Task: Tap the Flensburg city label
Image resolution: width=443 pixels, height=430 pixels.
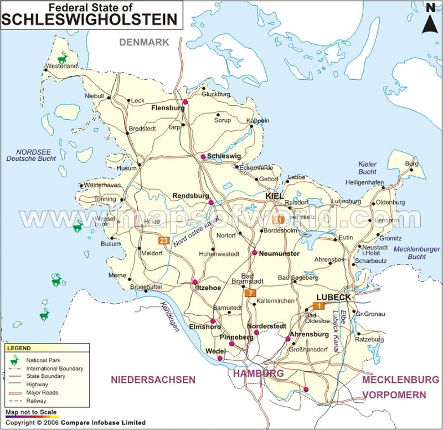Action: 168,109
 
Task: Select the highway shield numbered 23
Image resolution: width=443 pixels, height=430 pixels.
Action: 163,240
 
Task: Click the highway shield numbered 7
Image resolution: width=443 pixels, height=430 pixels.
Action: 251,293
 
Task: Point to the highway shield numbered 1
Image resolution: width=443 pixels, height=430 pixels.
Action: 318,305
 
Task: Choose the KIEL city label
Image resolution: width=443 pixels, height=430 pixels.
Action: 274,196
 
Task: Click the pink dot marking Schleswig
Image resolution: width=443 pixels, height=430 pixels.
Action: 203,157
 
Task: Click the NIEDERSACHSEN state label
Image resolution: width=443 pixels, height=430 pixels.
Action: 153,380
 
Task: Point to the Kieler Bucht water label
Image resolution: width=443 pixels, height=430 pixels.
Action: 367,168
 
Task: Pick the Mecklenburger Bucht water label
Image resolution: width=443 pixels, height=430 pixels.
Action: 416,253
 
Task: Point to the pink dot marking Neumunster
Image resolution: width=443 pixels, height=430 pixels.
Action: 254,253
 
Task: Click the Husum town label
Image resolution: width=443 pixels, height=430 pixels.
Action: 126,168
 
